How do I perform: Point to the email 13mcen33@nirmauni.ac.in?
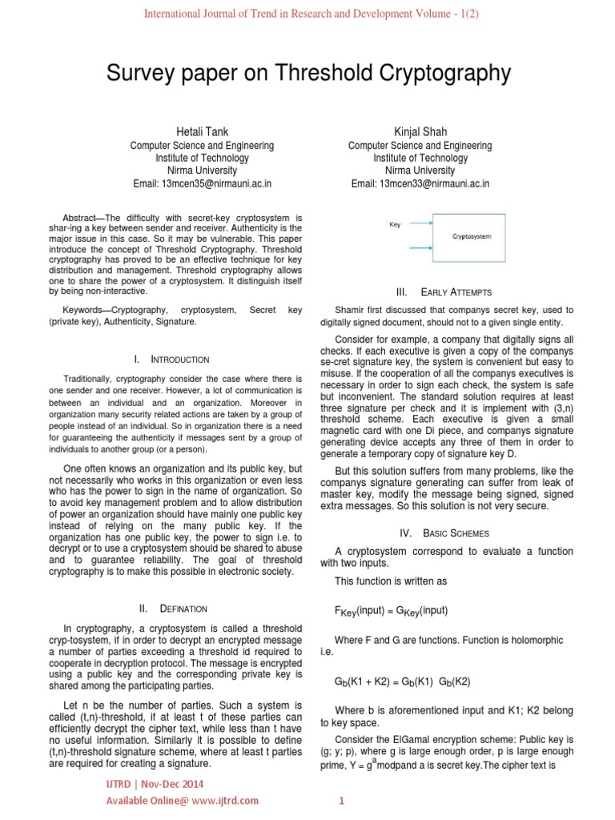pos(420,183)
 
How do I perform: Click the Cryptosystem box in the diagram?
pos(472,237)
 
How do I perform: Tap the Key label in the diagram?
pos(395,225)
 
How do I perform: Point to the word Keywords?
pos(84,309)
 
